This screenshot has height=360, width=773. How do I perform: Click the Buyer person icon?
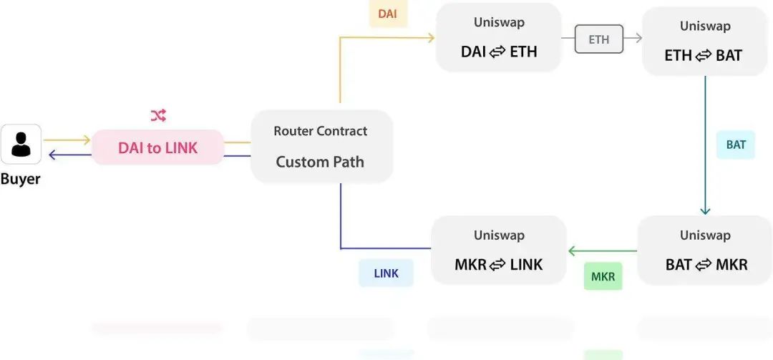(x=21, y=144)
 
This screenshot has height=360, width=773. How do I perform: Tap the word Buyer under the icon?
(x=20, y=178)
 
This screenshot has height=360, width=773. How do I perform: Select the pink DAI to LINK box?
(x=157, y=147)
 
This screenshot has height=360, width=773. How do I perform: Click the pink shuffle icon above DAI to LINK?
(x=157, y=116)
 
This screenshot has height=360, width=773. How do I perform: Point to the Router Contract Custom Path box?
(x=321, y=146)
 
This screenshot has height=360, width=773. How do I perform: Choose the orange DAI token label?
(x=387, y=14)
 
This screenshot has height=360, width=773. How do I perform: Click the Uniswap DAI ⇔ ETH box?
(x=498, y=37)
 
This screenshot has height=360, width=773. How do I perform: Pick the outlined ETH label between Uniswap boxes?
(x=599, y=39)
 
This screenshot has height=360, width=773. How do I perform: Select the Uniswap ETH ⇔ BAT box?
(x=704, y=42)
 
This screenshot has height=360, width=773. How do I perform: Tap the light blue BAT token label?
(x=736, y=145)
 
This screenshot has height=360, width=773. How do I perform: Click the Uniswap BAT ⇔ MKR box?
(x=706, y=250)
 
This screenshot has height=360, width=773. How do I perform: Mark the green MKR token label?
(x=603, y=277)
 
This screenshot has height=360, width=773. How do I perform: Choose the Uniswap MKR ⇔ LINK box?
(x=498, y=250)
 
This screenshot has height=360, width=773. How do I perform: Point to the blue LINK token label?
(x=386, y=273)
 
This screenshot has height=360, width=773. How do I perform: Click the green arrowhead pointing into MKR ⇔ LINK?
(x=572, y=251)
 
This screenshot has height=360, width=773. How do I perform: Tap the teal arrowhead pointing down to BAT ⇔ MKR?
(x=705, y=210)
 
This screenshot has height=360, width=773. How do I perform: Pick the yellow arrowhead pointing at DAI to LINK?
(x=87, y=140)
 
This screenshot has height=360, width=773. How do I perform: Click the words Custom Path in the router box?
(x=320, y=162)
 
